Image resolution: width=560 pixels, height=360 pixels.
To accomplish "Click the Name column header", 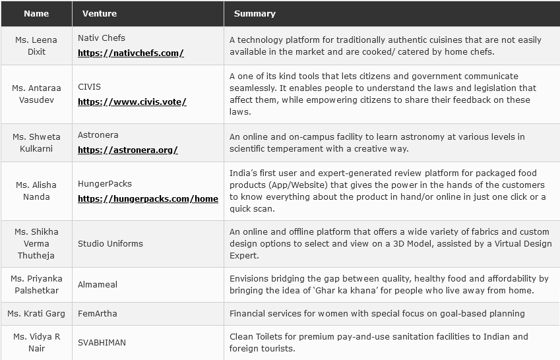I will tap(36, 13).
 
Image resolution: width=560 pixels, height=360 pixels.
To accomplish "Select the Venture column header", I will tap(100, 13).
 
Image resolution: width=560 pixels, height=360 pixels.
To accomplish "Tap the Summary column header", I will tap(255, 13).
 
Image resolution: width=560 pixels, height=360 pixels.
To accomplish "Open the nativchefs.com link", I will tap(131, 53).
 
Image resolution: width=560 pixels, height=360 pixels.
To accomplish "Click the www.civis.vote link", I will tap(132, 102).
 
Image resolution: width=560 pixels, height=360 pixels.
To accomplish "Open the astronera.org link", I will tap(128, 150).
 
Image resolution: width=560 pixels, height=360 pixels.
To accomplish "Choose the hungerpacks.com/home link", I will tap(148, 198).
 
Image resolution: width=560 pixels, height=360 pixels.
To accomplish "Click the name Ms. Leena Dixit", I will tap(36, 45).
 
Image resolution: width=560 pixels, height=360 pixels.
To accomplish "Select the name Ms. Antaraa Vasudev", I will tap(36, 94).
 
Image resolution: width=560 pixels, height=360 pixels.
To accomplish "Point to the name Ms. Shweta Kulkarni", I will tap(36, 142).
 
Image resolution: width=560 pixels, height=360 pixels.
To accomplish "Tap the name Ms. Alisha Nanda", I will tap(36, 191).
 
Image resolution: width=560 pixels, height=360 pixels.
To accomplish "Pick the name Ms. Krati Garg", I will tap(36, 313).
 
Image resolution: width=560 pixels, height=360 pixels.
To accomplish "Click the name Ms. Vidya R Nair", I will tap(36, 342).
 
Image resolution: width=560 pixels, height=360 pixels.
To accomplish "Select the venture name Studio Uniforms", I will tap(110, 243).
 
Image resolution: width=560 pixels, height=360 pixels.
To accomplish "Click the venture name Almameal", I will tap(98, 284).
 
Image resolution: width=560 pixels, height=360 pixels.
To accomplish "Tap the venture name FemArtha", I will tap(98, 313).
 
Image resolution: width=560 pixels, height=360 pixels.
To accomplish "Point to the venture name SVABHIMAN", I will tap(102, 342).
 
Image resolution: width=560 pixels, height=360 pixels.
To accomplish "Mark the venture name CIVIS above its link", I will tap(89, 86).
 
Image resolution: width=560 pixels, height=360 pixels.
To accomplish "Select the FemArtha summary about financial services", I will tap(377, 313).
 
